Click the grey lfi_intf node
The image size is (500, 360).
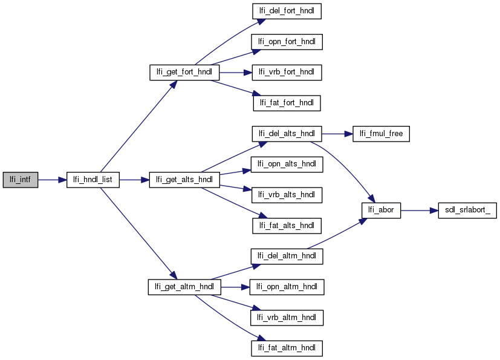click(x=20, y=180)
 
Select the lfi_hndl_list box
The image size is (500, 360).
click(x=93, y=180)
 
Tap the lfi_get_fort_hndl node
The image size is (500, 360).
click(x=184, y=72)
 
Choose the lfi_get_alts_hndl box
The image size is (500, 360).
click(x=184, y=180)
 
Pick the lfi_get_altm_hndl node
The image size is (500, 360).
click(x=184, y=286)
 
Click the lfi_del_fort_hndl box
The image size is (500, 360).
click(x=287, y=11)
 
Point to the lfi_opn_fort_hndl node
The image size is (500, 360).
click(x=287, y=42)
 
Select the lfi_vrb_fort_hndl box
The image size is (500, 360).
click(x=287, y=72)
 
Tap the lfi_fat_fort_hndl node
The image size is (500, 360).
click(x=287, y=103)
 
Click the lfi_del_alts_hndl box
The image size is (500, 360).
click(x=287, y=134)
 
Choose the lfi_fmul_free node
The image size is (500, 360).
click(x=381, y=134)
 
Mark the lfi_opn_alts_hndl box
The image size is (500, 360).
click(x=287, y=164)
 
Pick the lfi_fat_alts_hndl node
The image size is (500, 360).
click(x=287, y=226)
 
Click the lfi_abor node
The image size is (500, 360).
click(x=381, y=211)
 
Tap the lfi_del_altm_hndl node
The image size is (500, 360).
click(x=287, y=256)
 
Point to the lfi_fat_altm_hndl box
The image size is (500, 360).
click(x=287, y=348)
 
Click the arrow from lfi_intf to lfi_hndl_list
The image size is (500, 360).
click(x=52, y=180)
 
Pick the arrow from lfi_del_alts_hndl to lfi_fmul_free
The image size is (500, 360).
click(x=337, y=134)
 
